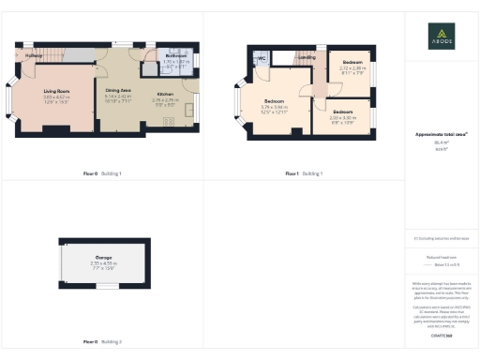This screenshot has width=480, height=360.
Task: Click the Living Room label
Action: pyautogui.click(x=56, y=90)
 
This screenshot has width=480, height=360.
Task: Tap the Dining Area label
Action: pyautogui.click(x=118, y=89)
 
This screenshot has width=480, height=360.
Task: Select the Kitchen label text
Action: pyautogui.click(x=165, y=95)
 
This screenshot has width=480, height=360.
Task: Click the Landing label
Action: pyautogui.click(x=306, y=57)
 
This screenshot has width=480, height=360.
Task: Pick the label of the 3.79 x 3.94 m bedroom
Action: pyautogui.click(x=274, y=100)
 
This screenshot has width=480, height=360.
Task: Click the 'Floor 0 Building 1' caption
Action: pyautogui.click(x=101, y=173)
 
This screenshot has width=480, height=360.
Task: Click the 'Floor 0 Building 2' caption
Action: pyautogui.click(x=101, y=341)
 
